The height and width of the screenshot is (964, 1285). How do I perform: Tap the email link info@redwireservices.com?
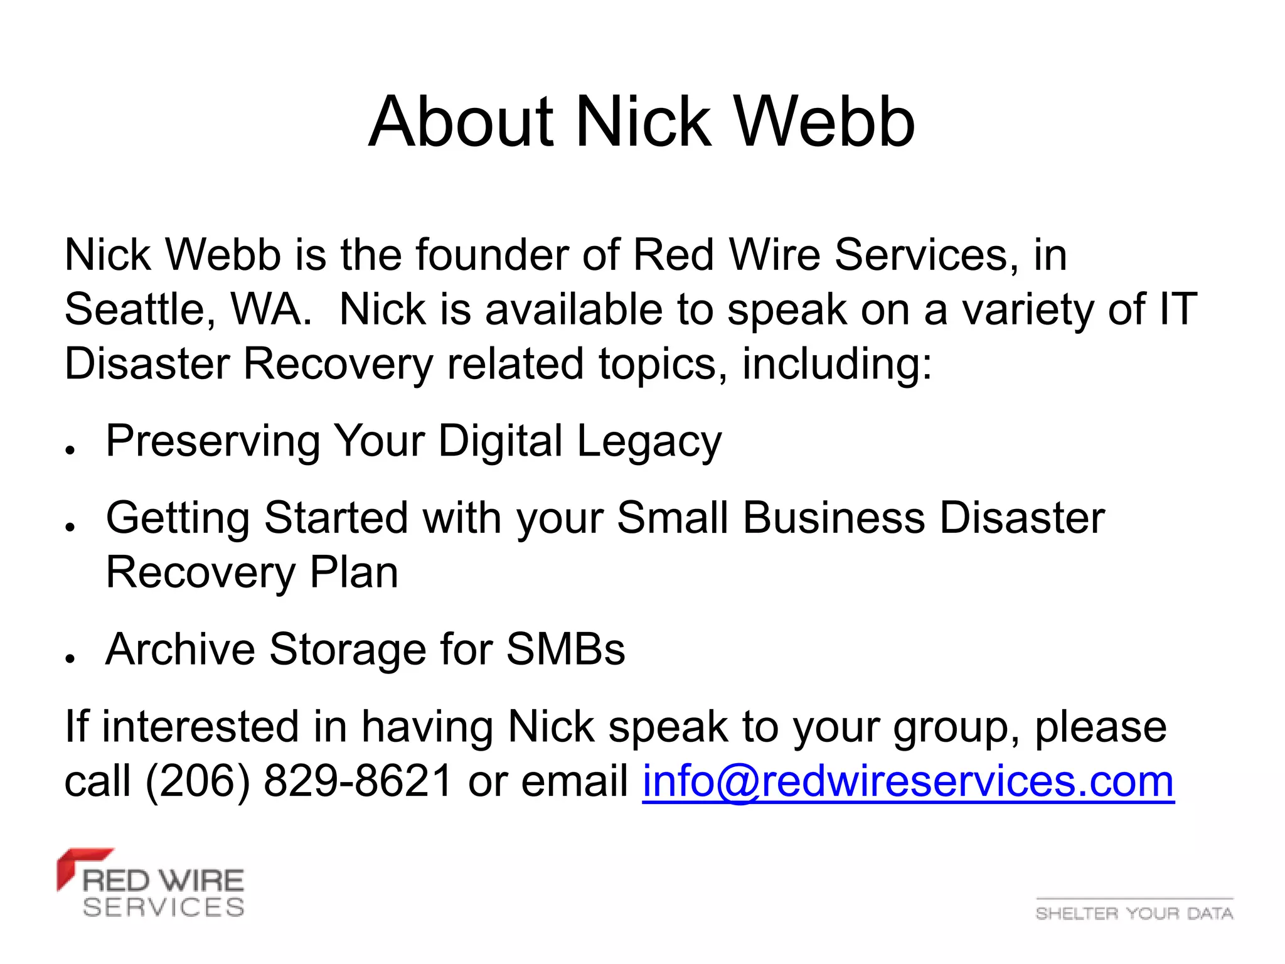pos(908,781)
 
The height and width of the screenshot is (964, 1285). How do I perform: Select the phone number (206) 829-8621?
pos(299,781)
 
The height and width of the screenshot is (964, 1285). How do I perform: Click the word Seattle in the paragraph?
pos(140,310)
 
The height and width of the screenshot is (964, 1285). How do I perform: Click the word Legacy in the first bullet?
pos(649,442)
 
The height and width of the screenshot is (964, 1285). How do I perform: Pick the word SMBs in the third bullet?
pos(565,650)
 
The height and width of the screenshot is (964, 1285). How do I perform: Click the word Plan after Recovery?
pos(354,573)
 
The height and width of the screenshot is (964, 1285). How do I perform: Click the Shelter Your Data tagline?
pos(1134,913)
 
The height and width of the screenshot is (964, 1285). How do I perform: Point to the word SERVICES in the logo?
pos(164,908)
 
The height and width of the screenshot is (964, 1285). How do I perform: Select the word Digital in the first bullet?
pos(500,441)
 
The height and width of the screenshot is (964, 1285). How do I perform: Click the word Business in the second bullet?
pos(834,518)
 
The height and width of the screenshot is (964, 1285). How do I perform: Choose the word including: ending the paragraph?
pos(837,365)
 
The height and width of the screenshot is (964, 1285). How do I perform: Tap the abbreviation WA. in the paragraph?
pos(271,310)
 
